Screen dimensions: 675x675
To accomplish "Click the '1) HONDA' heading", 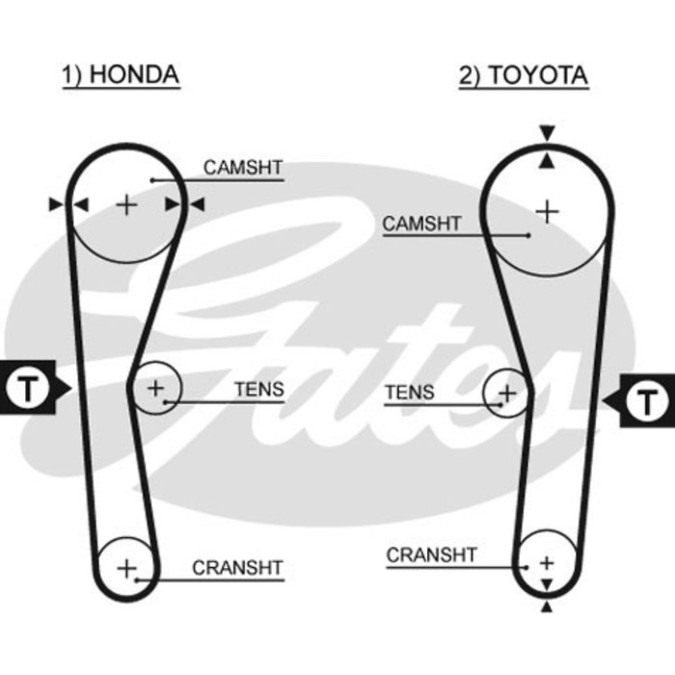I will [121, 75].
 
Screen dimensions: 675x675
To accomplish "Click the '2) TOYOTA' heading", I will [523, 75].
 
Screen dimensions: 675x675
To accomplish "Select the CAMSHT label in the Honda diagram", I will [243, 168].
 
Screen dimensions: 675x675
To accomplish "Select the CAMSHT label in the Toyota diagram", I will [422, 224].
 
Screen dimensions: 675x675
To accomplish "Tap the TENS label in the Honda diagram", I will [258, 390].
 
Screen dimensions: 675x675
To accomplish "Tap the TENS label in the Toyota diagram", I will [410, 392].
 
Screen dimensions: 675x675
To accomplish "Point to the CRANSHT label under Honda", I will [237, 568].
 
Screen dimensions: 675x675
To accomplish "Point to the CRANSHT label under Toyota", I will [431, 555].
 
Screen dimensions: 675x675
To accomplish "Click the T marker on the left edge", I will [29, 390].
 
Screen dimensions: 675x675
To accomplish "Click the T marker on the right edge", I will [647, 397].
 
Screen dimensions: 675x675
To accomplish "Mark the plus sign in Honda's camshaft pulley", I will [126, 204].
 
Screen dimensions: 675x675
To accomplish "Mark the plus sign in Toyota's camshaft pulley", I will [547, 210].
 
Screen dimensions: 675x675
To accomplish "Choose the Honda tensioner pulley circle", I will [155, 388].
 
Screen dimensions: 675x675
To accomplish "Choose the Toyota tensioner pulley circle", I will [506, 393].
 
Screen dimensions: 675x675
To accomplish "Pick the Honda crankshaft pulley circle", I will [127, 568].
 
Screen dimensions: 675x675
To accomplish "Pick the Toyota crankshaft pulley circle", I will [547, 561].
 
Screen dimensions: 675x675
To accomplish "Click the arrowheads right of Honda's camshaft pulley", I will [185, 204].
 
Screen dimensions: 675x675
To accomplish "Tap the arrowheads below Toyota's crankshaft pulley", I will [547, 595].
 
